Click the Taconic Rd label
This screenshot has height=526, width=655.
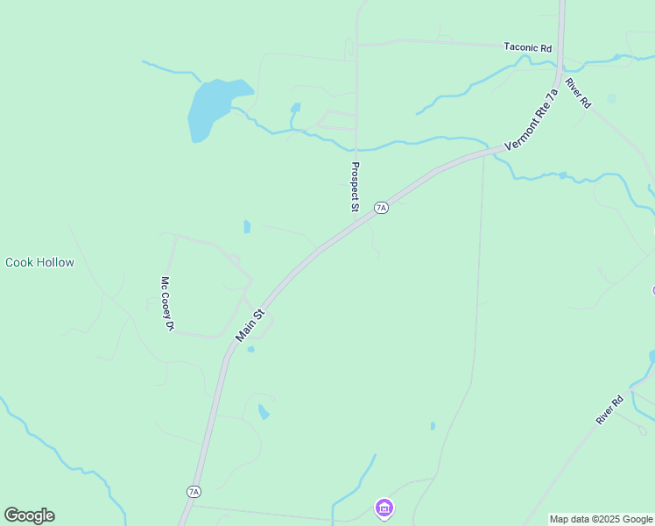[528, 47]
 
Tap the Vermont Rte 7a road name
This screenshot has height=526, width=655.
[532, 120]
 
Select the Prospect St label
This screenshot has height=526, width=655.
[355, 187]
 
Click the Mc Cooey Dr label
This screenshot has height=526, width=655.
[166, 303]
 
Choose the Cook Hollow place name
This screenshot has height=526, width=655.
[40, 262]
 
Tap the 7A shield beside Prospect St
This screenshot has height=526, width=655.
[380, 208]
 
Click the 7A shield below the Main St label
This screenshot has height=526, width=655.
[194, 492]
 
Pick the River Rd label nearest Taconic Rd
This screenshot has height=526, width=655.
[578, 93]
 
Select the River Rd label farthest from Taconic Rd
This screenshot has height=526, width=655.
[609, 410]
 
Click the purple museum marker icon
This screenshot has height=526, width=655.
[384, 508]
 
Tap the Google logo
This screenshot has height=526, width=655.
[29, 515]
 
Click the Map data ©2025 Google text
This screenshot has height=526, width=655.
[601, 519]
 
